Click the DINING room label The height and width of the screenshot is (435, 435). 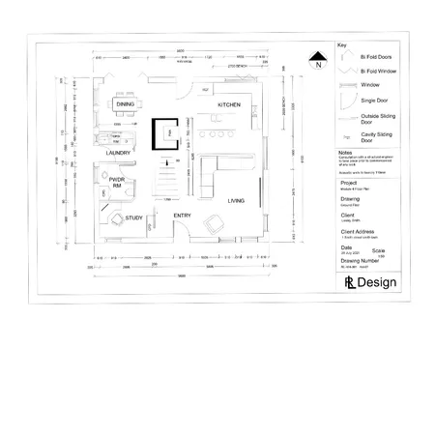126,103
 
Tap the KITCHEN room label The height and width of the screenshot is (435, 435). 229,104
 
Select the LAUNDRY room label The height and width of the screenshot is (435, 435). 118,152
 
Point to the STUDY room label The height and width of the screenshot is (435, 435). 134,218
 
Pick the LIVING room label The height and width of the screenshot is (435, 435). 237,201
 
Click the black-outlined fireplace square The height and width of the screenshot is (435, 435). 165,134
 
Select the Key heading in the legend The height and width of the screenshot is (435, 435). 341,45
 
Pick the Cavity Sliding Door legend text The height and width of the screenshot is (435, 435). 376,138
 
